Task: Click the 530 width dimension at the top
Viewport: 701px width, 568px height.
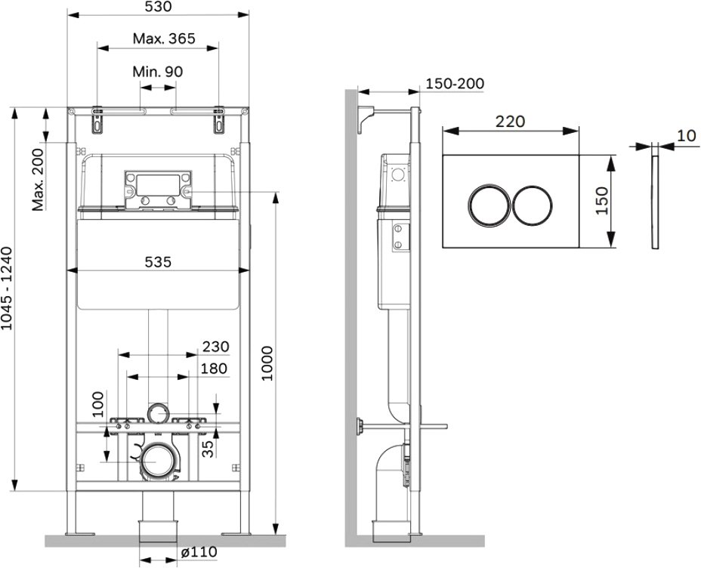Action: pos(159,6)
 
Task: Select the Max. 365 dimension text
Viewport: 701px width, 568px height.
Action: pos(164,39)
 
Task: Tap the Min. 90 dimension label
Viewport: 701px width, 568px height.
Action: pos(158,72)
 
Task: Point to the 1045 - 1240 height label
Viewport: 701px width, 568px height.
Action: pos(7,289)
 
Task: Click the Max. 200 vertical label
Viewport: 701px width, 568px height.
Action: pos(38,180)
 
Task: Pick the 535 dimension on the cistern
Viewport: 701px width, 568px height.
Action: pos(159,262)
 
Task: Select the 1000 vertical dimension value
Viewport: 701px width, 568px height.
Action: pos(267,363)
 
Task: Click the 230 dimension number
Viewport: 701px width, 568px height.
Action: pos(216,347)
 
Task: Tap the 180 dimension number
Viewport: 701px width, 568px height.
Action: pos(214,369)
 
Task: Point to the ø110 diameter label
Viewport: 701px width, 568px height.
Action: pos(199,552)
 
